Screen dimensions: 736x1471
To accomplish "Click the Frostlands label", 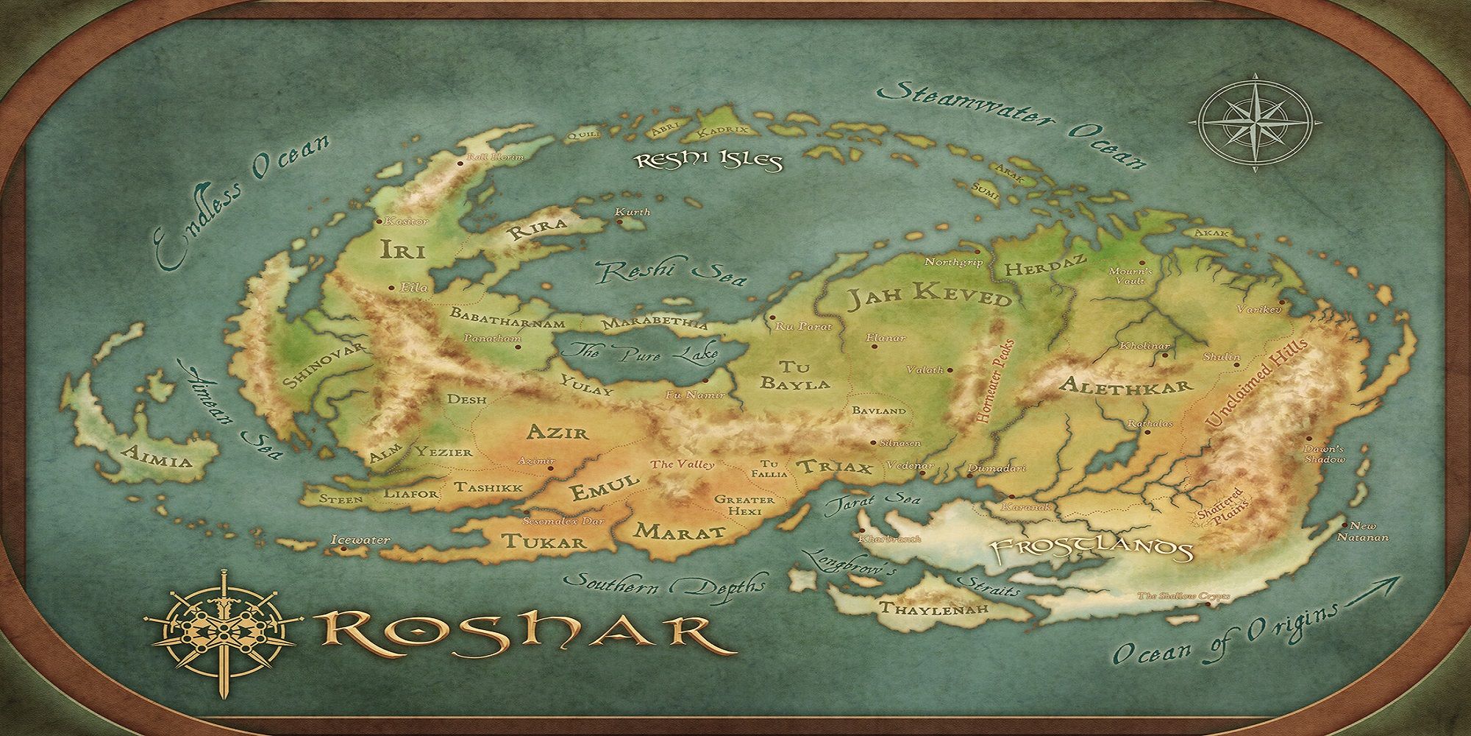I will click(1091, 548).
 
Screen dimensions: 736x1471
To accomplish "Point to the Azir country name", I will click(558, 431).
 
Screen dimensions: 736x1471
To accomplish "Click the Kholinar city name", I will click(1144, 345).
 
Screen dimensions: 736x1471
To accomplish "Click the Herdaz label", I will click(1034, 269).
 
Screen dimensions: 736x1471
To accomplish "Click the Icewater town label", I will click(360, 540).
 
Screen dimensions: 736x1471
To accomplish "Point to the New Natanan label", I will click(1367, 532).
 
